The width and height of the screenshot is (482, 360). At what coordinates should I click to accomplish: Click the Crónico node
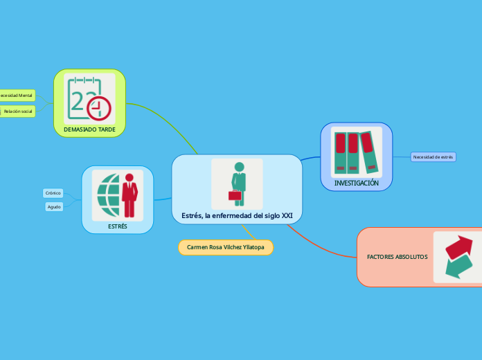(x=53, y=193)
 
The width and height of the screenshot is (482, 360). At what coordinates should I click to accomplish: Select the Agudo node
(x=54, y=206)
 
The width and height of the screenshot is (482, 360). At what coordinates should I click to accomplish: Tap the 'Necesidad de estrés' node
(x=433, y=157)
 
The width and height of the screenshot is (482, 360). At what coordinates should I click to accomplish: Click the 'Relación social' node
(x=18, y=111)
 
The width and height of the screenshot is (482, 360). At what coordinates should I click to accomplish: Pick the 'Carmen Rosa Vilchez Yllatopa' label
(x=226, y=247)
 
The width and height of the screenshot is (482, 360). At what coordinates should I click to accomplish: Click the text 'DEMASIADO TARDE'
(x=89, y=129)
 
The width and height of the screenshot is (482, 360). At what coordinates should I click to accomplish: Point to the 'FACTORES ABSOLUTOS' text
(x=397, y=257)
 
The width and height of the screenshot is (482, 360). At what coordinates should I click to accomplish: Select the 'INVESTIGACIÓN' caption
(x=357, y=183)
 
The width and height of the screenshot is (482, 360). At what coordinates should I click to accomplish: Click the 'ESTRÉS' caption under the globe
(x=118, y=226)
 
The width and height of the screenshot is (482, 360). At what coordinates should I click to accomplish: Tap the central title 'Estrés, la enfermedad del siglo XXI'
(x=237, y=216)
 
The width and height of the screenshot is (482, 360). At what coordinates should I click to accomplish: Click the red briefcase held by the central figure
(x=235, y=195)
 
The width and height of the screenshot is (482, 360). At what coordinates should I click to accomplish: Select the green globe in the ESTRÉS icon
(x=108, y=195)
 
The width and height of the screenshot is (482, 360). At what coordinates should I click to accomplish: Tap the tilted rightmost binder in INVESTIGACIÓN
(x=370, y=150)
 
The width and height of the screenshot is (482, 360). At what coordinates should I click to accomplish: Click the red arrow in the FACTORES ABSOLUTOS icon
(x=458, y=246)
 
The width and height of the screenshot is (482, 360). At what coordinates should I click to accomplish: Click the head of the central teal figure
(x=240, y=167)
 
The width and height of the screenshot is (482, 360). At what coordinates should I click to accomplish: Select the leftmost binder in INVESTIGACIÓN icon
(x=341, y=152)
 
